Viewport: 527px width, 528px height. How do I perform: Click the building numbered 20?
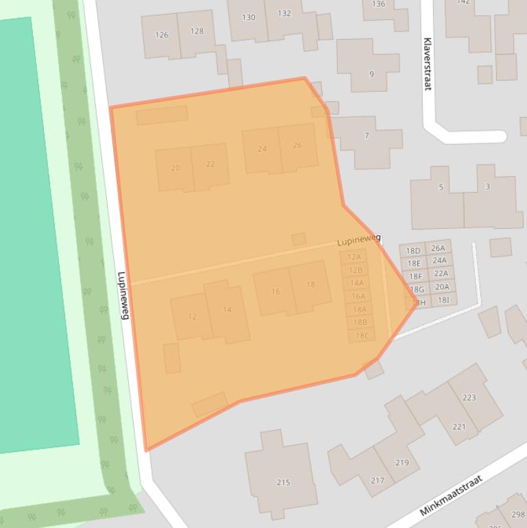(175, 168)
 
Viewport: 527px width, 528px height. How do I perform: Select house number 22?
(210, 165)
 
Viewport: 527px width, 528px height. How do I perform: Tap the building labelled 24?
(262, 149)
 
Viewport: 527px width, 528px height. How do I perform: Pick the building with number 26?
(297, 145)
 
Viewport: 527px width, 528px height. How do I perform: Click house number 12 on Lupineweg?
(192, 317)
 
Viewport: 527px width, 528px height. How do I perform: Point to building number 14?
(227, 310)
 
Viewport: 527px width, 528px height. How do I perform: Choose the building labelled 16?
(275, 291)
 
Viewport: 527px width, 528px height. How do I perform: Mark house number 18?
(310, 285)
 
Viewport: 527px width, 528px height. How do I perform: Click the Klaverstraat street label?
(427, 64)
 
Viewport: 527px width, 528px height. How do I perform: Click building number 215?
(283, 483)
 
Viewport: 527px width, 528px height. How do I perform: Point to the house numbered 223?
(469, 398)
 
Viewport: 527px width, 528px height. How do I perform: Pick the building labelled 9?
(371, 74)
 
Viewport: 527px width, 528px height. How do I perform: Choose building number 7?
(367, 136)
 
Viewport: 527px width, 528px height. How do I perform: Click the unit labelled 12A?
(354, 257)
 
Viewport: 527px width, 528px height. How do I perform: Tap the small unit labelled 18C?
(361, 335)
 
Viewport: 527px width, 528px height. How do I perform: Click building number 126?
(162, 35)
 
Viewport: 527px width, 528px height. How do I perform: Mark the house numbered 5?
(441, 187)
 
